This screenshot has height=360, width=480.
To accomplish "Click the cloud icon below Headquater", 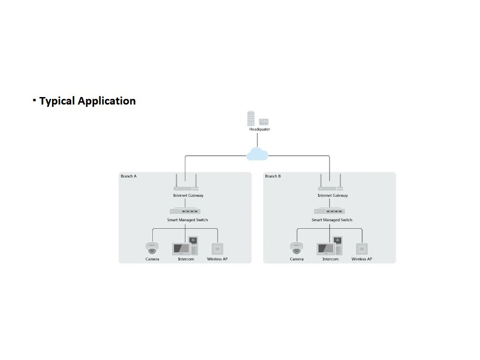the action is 257,154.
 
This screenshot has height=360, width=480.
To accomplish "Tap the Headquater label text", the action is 260,129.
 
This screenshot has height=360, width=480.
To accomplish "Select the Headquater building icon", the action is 252,118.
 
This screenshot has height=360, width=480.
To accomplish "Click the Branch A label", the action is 128,176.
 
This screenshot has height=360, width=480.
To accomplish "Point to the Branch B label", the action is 273,176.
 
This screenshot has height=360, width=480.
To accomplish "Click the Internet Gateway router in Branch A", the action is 185,186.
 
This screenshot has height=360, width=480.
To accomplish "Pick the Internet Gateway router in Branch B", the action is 330,186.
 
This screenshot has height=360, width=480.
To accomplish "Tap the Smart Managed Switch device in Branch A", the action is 186,211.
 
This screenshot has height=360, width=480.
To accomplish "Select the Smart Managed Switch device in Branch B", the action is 330,211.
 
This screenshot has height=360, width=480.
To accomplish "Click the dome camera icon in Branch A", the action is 152,247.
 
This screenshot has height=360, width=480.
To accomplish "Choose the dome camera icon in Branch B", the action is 296,247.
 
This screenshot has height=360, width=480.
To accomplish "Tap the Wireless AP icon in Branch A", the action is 217,248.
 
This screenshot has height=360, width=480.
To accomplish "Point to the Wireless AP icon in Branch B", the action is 361,248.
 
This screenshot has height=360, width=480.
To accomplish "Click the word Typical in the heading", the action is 57,101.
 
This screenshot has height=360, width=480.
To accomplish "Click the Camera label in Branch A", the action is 152,259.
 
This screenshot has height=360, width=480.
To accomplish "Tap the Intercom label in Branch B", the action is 330,259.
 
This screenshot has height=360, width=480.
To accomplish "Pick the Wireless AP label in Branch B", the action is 362,259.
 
